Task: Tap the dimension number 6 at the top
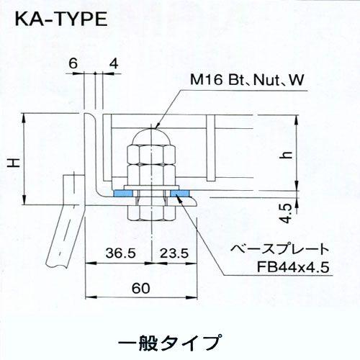click(73, 63)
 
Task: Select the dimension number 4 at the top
click(114, 63)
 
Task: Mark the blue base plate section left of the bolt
click(122, 193)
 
